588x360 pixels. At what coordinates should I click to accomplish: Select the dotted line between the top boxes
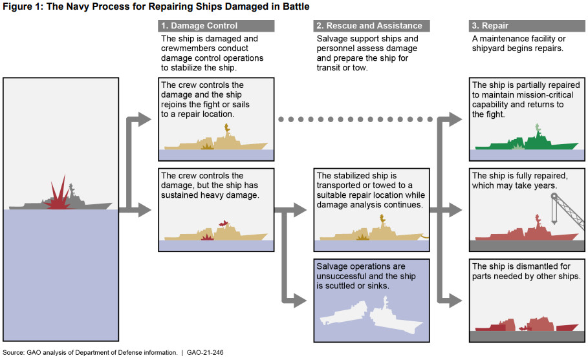click(356, 120)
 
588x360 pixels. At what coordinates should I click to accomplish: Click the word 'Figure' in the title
click(18, 6)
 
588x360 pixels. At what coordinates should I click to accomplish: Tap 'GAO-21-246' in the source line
click(205, 352)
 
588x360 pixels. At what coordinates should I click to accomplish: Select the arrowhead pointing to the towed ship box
click(299, 209)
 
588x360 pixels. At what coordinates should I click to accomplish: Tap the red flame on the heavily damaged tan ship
click(224, 224)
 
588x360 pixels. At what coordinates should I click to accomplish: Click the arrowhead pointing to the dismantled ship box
click(456, 300)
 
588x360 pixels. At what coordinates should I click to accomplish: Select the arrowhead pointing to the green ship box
click(456, 120)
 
